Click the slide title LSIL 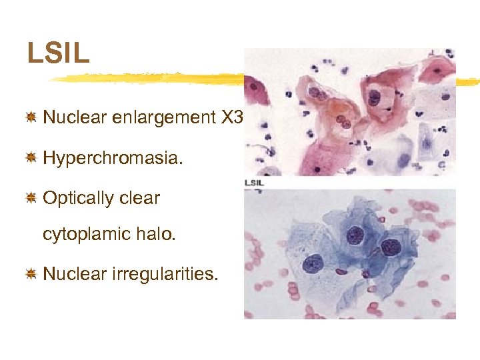click(x=58, y=53)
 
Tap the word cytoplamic click(x=89, y=234)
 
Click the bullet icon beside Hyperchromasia click(x=30, y=158)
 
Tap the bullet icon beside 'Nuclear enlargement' click(x=30, y=118)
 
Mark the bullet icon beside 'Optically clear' click(x=30, y=198)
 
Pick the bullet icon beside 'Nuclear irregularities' click(x=30, y=274)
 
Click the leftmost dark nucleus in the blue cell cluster click(x=313, y=264)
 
